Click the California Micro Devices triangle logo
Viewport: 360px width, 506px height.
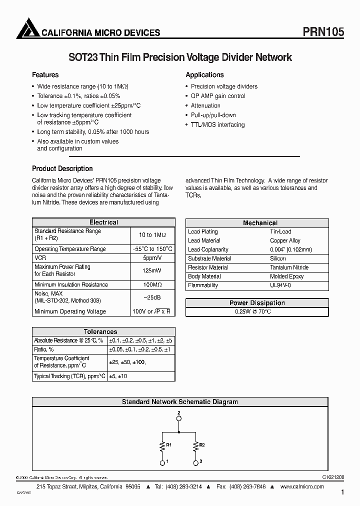coord(27,28)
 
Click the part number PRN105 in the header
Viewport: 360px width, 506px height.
coord(323,31)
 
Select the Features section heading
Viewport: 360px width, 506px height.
coord(45,75)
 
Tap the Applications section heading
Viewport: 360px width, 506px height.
coord(204,75)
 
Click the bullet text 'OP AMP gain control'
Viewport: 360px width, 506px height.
coord(218,96)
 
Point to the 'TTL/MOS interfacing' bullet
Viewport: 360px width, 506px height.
coord(217,124)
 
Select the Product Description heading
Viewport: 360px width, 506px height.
coord(62,168)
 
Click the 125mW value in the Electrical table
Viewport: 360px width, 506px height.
coord(152,270)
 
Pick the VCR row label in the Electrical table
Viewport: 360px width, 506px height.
coord(40,258)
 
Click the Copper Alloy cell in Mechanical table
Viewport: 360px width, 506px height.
coord(285,240)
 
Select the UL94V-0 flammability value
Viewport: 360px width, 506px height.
coord(280,285)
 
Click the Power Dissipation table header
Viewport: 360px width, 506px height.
coord(257,303)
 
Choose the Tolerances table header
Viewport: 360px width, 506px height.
coord(100,331)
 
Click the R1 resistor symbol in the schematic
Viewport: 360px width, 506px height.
coord(162,444)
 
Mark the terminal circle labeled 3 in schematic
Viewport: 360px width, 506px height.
coord(194,463)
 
